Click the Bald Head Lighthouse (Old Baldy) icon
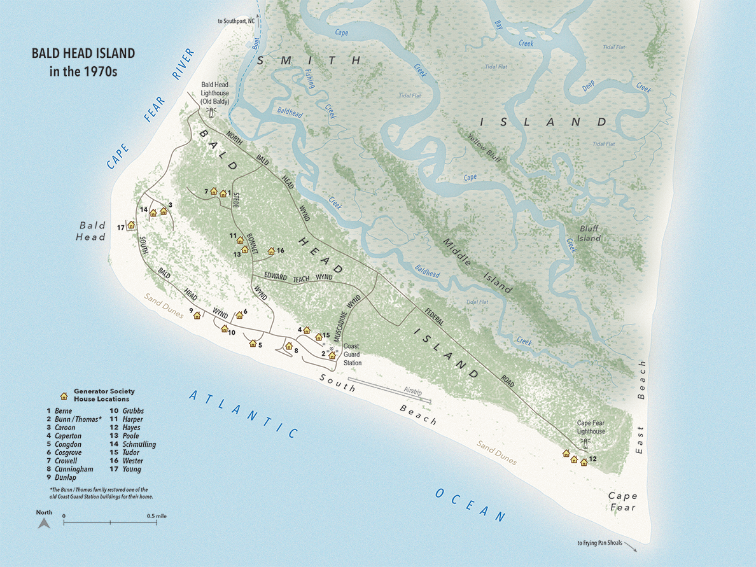click(x=210, y=112)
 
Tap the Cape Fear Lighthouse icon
click(x=582, y=442)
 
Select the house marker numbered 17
click(x=131, y=225)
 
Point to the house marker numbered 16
click(x=270, y=251)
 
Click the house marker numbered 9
click(x=197, y=315)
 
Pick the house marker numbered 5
click(x=253, y=343)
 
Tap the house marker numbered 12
click(x=584, y=461)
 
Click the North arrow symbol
click(x=44, y=523)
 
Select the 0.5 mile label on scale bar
click(x=157, y=515)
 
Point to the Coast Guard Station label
click(x=353, y=354)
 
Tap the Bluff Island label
click(x=589, y=233)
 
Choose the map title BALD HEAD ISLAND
click(x=83, y=54)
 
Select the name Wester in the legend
click(x=132, y=461)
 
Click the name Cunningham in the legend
click(x=74, y=469)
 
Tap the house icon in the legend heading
click(x=64, y=395)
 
